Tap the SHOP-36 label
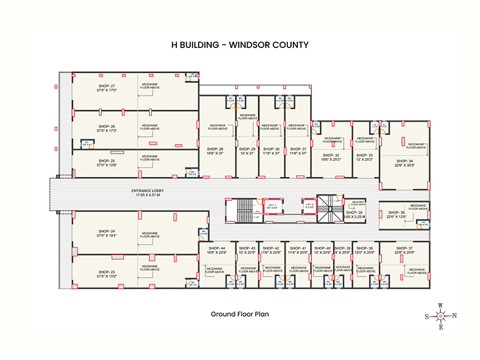[x=397, y=212]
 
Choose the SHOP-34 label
[x=404, y=161]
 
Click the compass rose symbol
[x=440, y=316]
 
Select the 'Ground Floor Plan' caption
[x=239, y=314]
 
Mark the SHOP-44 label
[x=217, y=248]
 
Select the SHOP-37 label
[x=404, y=248]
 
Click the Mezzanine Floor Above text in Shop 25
[x=150, y=158]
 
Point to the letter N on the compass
[x=454, y=316]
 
